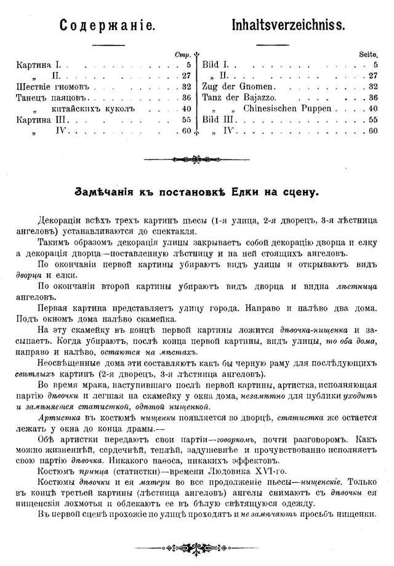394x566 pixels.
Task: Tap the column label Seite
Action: pyautogui.click(x=368, y=54)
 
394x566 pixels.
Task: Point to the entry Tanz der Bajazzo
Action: pyautogui.click(x=236, y=98)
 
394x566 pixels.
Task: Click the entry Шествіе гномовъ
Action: pyautogui.click(x=52, y=87)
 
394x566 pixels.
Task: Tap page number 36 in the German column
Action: pyautogui.click(x=372, y=98)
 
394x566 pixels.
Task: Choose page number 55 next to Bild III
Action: pyautogui.click(x=372, y=120)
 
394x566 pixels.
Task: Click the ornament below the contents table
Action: pyautogui.click(x=197, y=158)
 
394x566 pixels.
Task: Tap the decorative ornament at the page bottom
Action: pyautogui.click(x=197, y=546)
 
